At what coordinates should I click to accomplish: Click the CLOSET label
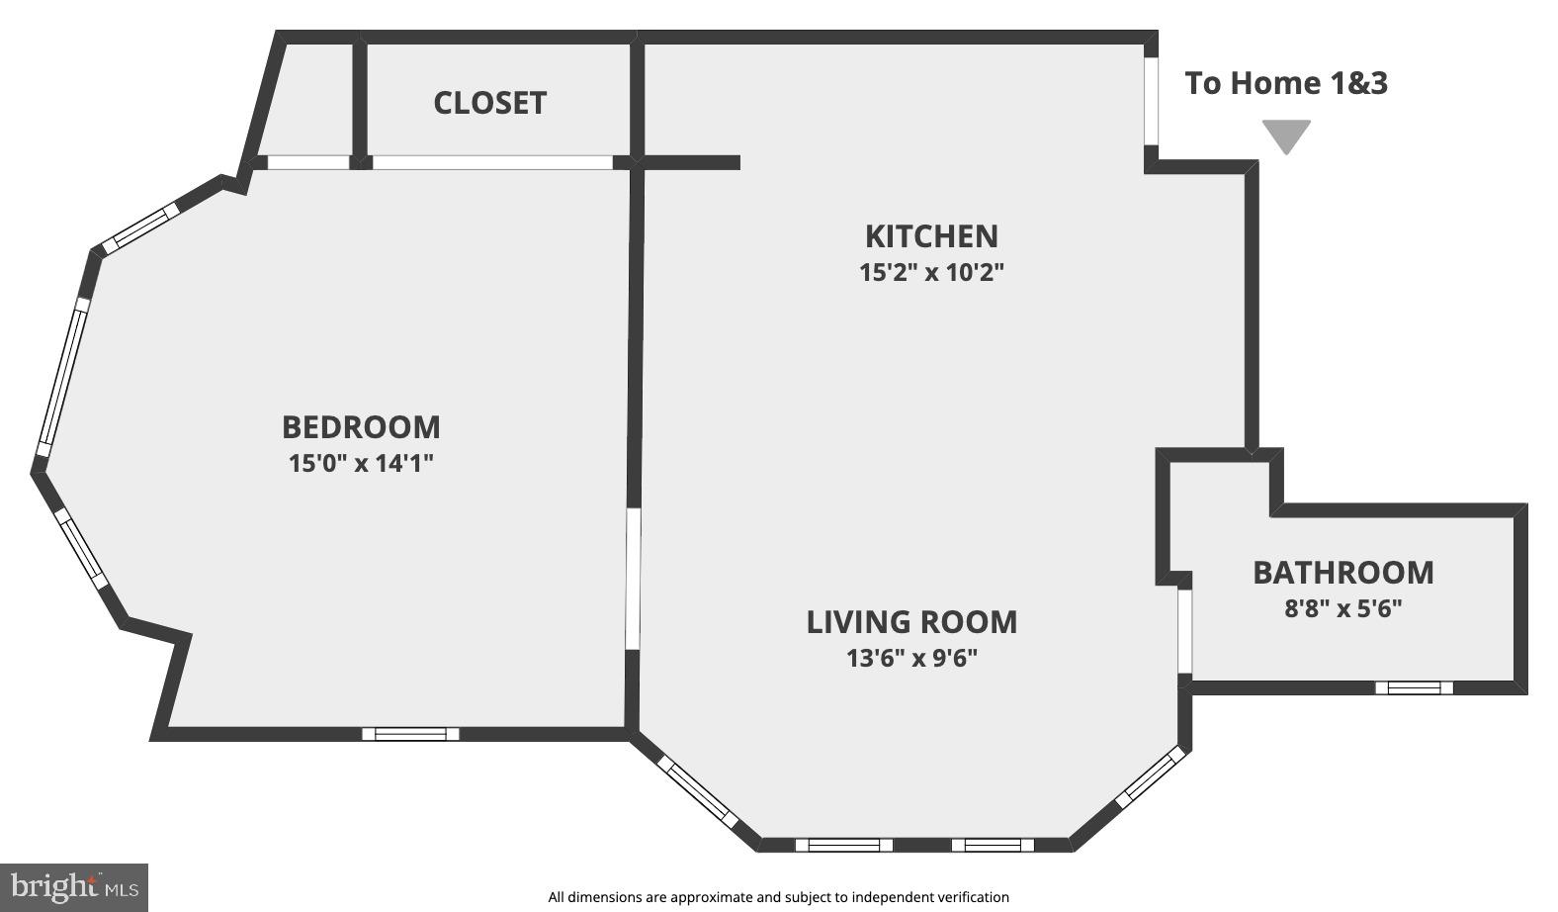[489, 103]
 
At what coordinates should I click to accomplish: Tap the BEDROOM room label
[361, 427]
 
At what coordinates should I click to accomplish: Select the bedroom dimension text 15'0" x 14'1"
[361, 463]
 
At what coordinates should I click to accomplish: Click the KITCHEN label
[931, 236]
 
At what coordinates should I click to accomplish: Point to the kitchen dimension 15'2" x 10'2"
[931, 272]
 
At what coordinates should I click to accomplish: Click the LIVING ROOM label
[911, 622]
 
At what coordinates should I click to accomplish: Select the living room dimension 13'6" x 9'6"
[911, 658]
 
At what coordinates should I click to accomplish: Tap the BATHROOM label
[1342, 573]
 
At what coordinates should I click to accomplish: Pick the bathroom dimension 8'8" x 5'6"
[1342, 608]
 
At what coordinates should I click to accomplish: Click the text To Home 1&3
[1286, 83]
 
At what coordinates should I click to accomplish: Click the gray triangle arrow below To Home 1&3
[1286, 135]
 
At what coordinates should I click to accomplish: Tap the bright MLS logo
[74, 887]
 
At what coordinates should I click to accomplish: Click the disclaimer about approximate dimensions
[779, 897]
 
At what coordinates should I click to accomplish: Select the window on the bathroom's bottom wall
[1414, 687]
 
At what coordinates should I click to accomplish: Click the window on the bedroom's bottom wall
[410, 734]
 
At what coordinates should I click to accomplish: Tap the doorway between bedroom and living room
[633, 579]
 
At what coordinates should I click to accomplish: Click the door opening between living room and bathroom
[1184, 631]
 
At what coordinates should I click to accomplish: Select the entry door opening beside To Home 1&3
[1151, 101]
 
